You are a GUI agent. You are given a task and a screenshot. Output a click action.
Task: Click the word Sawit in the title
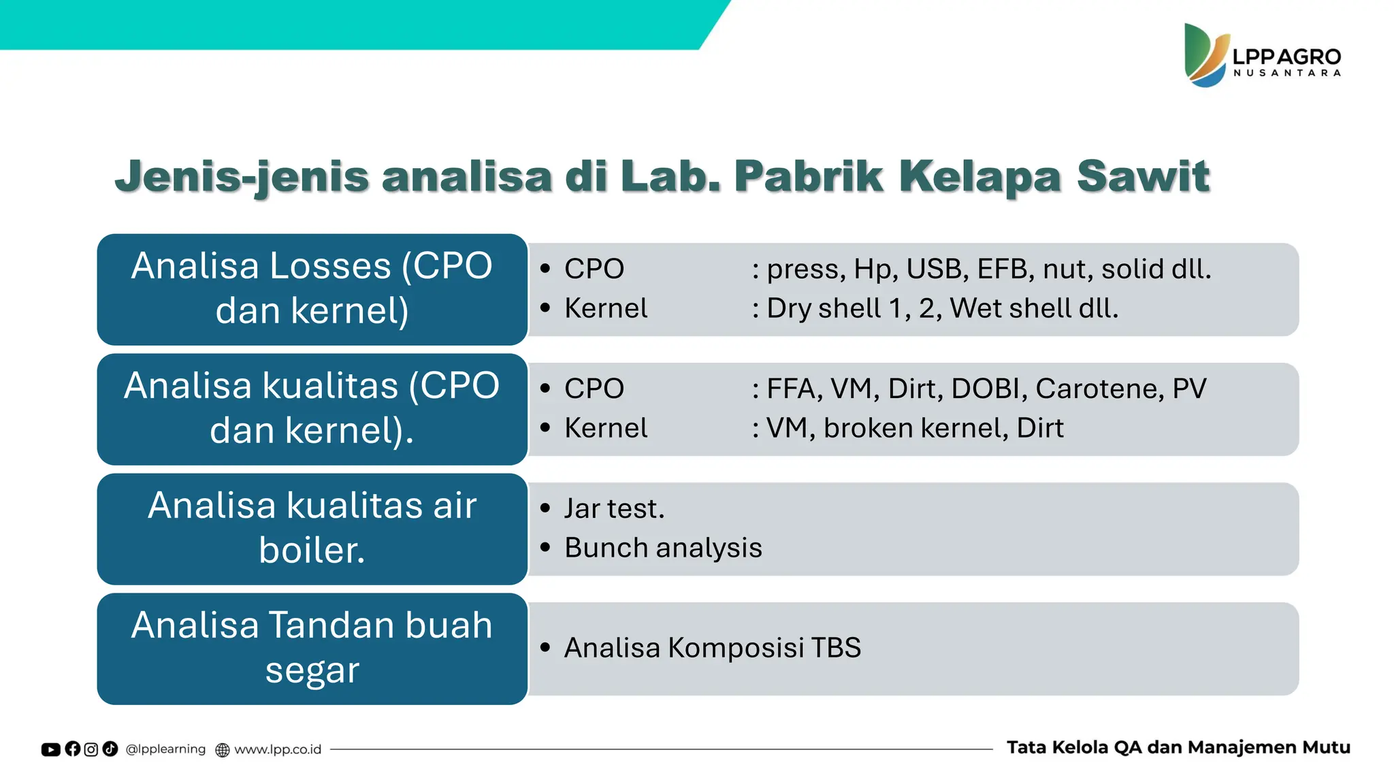point(1143,176)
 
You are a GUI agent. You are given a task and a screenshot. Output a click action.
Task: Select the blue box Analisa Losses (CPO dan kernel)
point(312,289)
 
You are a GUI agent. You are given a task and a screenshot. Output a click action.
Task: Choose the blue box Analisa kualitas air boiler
point(312,529)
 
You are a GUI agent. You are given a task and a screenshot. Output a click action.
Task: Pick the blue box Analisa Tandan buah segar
point(312,649)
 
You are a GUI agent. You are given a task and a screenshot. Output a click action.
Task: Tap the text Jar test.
point(614,508)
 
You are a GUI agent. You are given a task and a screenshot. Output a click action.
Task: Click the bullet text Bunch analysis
point(663,548)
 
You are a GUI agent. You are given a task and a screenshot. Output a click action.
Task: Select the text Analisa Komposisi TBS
point(712,648)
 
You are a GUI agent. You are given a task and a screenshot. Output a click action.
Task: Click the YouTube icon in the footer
point(50,749)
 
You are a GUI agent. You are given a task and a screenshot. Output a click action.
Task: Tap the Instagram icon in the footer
point(91,749)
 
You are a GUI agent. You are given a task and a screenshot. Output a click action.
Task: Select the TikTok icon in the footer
point(110,749)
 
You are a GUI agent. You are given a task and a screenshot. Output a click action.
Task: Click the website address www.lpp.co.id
point(277,749)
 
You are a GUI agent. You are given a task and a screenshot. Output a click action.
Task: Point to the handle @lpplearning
point(165,749)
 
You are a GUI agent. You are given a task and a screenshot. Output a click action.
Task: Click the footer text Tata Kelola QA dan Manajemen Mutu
point(1178,747)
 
